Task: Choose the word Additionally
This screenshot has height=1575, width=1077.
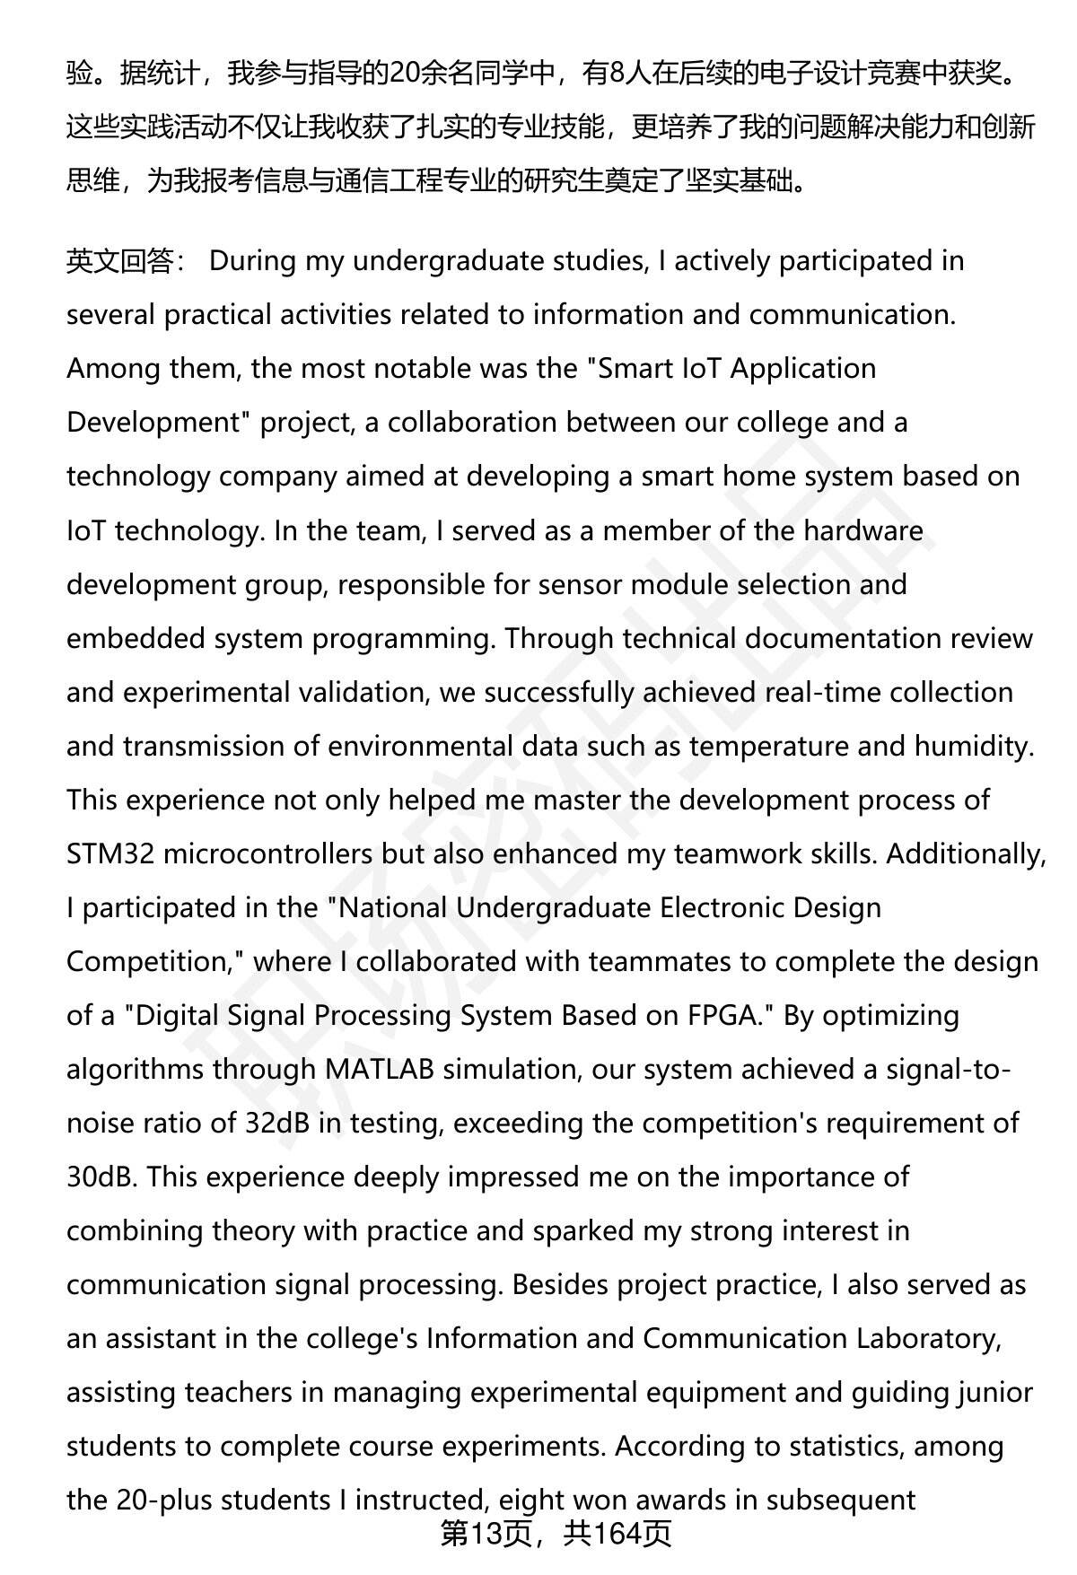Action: pos(966,853)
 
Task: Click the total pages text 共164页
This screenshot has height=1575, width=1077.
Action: pos(617,1536)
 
